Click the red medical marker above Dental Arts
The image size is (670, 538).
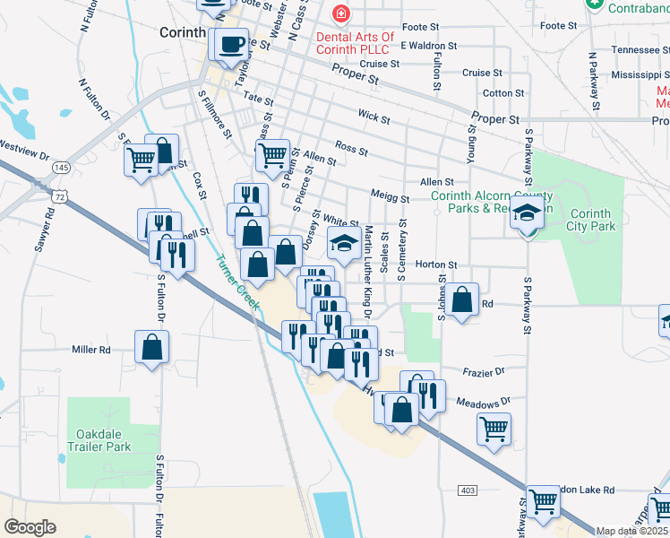(339, 14)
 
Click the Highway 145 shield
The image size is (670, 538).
(61, 168)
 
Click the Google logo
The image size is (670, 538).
(30, 527)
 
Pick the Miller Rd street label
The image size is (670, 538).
(90, 350)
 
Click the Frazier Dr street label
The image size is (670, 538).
(484, 370)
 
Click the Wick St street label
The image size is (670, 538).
(374, 117)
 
